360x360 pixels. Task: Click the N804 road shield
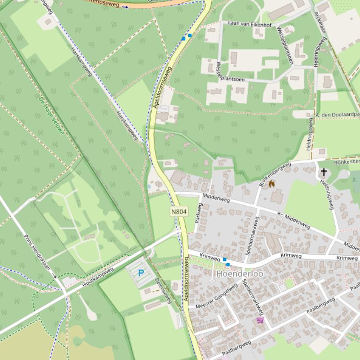pos(179,211)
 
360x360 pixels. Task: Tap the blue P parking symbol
pos(140,273)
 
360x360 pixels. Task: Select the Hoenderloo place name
pos(240,274)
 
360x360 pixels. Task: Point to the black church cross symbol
pos(323,173)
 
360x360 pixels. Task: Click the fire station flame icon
pos(272,184)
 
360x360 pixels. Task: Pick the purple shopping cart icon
pos(260,320)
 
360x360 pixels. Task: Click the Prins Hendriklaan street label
pos(40,255)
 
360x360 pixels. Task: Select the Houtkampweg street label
pos(98,277)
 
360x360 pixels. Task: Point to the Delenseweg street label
pos(164,289)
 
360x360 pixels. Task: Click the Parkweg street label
pos(197,213)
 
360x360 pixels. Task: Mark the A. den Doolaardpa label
pos(338,115)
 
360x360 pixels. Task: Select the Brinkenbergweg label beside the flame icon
pos(275,174)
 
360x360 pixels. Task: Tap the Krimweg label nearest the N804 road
pos(209,257)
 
